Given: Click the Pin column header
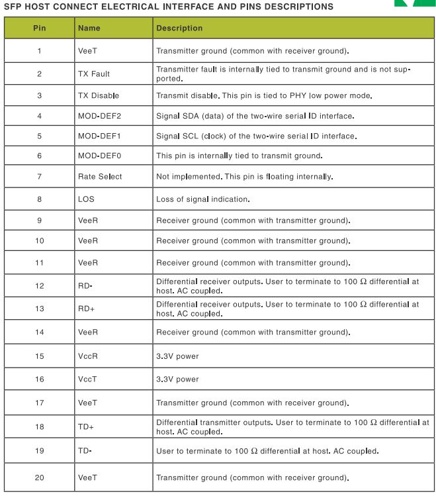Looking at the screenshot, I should pos(39,28).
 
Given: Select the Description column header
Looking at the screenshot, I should pos(179,28).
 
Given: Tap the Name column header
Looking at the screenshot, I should pos(89,28).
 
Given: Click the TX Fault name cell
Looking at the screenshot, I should pos(94,74).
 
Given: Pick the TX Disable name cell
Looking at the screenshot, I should pos(99,95).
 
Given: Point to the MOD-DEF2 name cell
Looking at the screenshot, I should pos(99,116).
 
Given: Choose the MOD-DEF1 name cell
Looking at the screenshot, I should pos(99,136).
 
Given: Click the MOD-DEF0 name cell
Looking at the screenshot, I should pos(99,156).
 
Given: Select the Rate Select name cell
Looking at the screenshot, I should pos(100,177).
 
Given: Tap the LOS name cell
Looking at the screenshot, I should pos(85,199).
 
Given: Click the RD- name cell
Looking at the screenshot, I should pos(85,286).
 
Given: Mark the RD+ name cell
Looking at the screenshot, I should pos(85,308).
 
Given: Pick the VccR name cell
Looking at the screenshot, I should pos(87,356).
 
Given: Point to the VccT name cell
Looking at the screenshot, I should pos(87,379).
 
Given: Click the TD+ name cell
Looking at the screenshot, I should pos(85,426).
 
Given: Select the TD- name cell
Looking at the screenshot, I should pos(85,451).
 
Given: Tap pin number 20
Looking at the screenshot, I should pos(39,477).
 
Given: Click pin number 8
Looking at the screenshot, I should pos(39,199).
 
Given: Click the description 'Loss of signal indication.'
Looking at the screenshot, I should pos(202,199).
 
